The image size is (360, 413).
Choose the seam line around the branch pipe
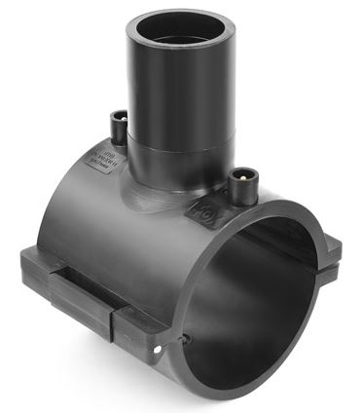[176, 147]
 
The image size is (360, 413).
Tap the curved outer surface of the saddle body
[117, 224]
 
